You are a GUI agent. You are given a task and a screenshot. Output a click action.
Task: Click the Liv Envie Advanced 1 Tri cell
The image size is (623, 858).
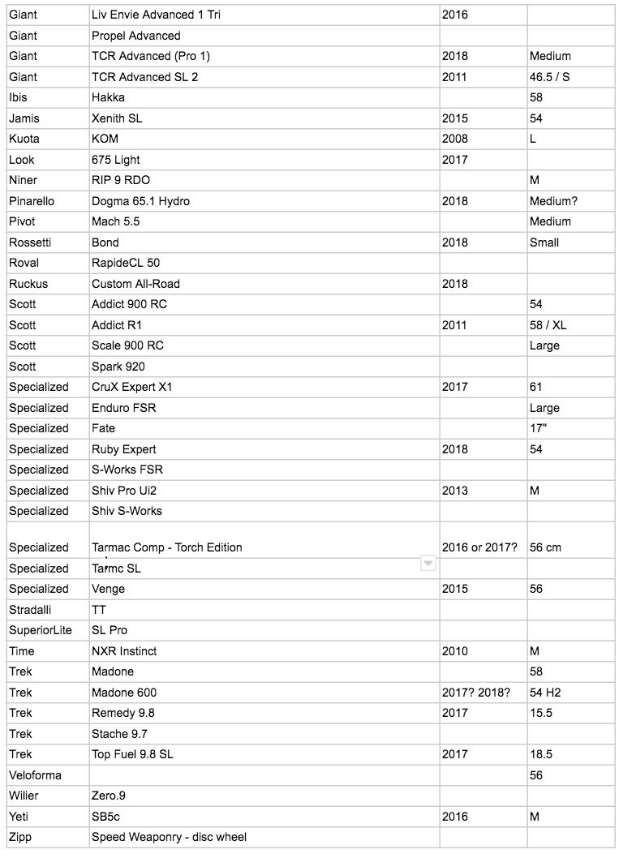pos(157,15)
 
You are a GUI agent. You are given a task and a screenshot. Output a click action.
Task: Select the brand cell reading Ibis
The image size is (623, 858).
pos(21,97)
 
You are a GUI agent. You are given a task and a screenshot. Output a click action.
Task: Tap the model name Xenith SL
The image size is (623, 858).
pos(118,118)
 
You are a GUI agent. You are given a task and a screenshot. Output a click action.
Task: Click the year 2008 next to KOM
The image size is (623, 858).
pos(455,139)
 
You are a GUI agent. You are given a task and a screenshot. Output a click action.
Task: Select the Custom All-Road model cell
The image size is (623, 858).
pos(135,284)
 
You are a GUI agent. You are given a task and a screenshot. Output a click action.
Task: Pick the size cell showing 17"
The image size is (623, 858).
pos(538,428)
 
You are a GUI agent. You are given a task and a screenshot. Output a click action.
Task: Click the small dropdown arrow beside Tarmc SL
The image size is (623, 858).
pos(428,564)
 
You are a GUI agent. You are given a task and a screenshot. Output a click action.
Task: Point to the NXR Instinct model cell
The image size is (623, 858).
pos(124,651)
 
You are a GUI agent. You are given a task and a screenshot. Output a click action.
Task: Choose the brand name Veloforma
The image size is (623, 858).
pos(35,775)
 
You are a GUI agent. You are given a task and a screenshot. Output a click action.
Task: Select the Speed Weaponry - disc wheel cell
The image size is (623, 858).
pos(169,837)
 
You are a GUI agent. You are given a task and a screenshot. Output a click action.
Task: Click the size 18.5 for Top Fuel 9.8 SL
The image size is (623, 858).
pos(541,754)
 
